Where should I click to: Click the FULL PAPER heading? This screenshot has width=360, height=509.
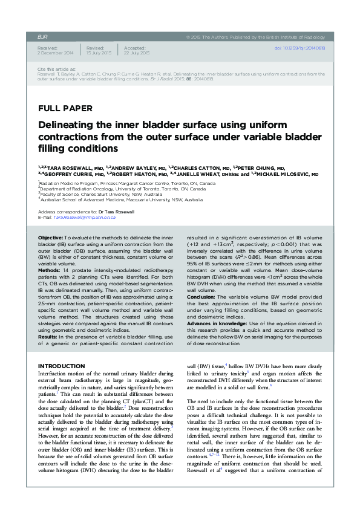(65, 109)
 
